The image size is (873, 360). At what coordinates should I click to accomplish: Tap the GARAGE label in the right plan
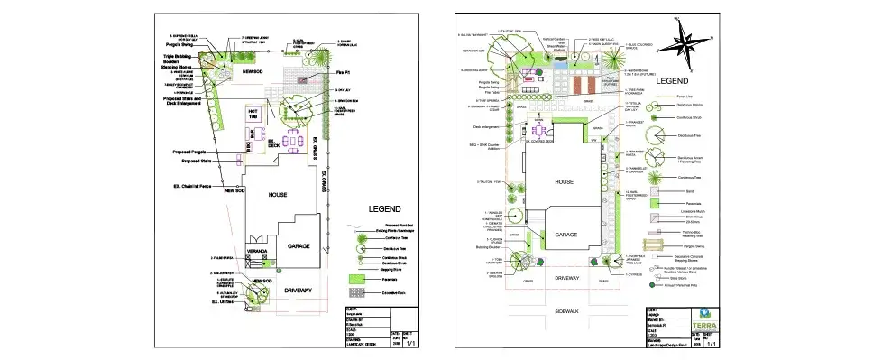click(565, 235)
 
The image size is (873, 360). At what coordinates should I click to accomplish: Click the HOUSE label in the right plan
click(565, 181)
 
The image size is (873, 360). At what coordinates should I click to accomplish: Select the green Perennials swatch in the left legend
click(358, 281)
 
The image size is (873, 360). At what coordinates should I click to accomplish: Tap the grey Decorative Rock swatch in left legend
click(358, 293)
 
